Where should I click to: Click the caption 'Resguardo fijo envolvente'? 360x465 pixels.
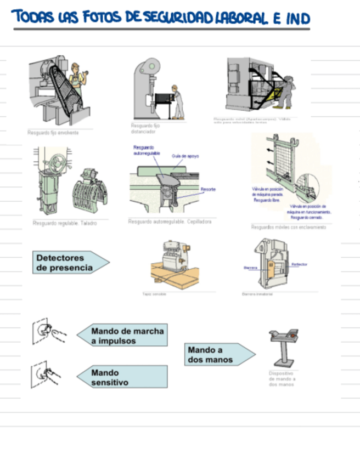(53, 133)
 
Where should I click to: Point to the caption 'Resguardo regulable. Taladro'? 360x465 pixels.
(65, 223)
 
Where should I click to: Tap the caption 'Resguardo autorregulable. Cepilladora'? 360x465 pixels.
(170, 222)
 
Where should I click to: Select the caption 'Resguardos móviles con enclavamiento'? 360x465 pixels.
(288, 226)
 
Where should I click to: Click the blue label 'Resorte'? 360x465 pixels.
(208, 189)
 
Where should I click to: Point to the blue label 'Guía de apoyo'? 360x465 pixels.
(185, 156)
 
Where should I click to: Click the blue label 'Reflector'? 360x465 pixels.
(299, 264)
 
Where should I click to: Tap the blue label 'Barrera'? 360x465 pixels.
(250, 268)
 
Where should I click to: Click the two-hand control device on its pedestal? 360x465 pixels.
(284, 348)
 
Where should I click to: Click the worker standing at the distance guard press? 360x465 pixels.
(177, 102)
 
